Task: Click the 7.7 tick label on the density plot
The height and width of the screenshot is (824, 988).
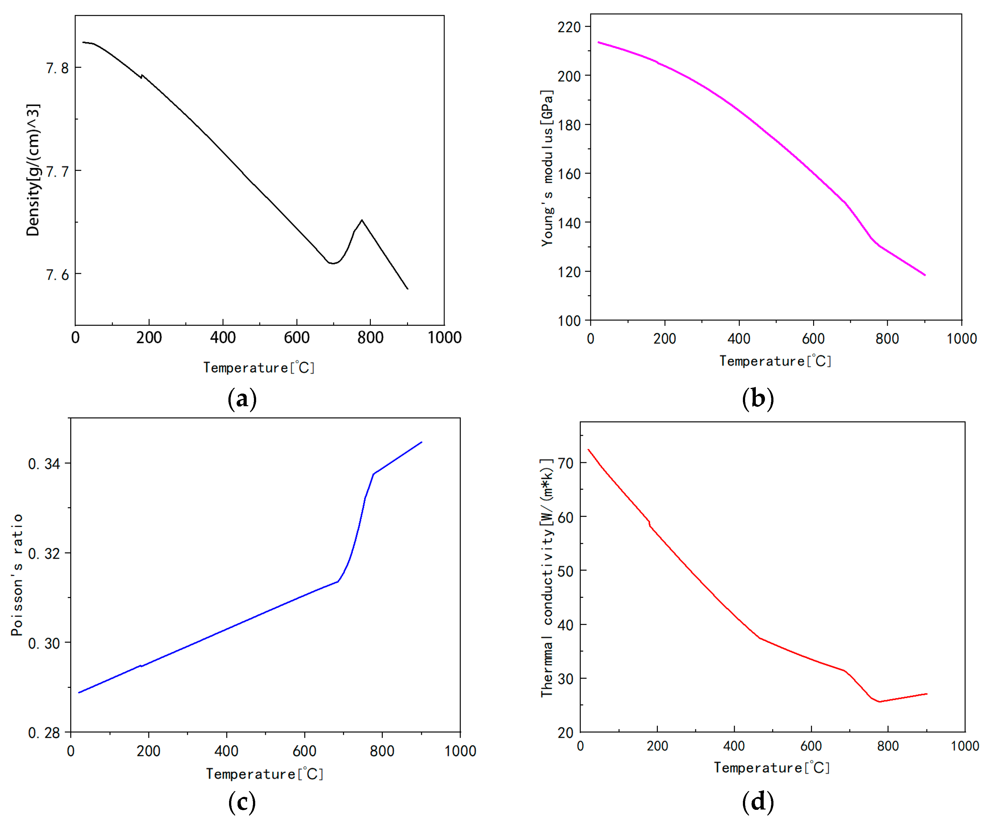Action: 57,172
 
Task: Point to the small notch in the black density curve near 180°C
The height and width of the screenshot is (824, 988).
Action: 141,76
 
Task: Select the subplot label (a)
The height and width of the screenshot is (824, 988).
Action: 242,399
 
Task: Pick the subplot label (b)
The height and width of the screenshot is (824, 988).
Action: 757,399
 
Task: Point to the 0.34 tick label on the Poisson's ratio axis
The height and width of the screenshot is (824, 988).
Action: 44,464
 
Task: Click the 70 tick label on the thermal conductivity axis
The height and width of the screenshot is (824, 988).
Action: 566,464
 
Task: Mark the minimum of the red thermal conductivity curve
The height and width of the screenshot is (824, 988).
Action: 879,702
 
